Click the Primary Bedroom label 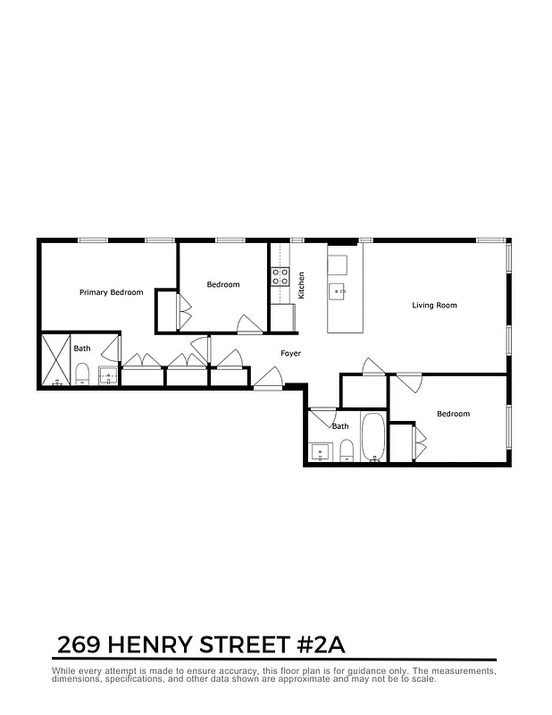coord(111,292)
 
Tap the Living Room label coord(434,306)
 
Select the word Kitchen coord(302,285)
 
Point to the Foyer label coord(290,354)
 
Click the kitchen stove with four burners coord(280,276)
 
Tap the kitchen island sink coord(338,290)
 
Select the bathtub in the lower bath coord(373,438)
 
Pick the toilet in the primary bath coord(82,374)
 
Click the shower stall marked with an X coord(55,359)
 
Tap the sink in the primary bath coord(108,375)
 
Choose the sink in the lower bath coord(320,451)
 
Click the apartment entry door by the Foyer coord(266,380)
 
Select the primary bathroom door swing coord(112,349)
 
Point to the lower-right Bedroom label coord(453,414)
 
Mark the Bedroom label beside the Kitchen coord(223,285)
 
